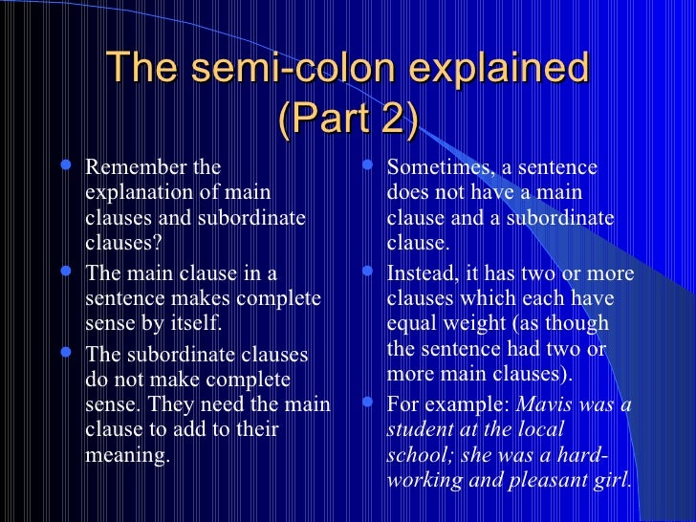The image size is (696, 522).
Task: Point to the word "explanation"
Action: click(x=137, y=192)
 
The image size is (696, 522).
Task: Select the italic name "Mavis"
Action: click(x=545, y=404)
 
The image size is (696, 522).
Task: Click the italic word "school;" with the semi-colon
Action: click(x=421, y=454)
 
